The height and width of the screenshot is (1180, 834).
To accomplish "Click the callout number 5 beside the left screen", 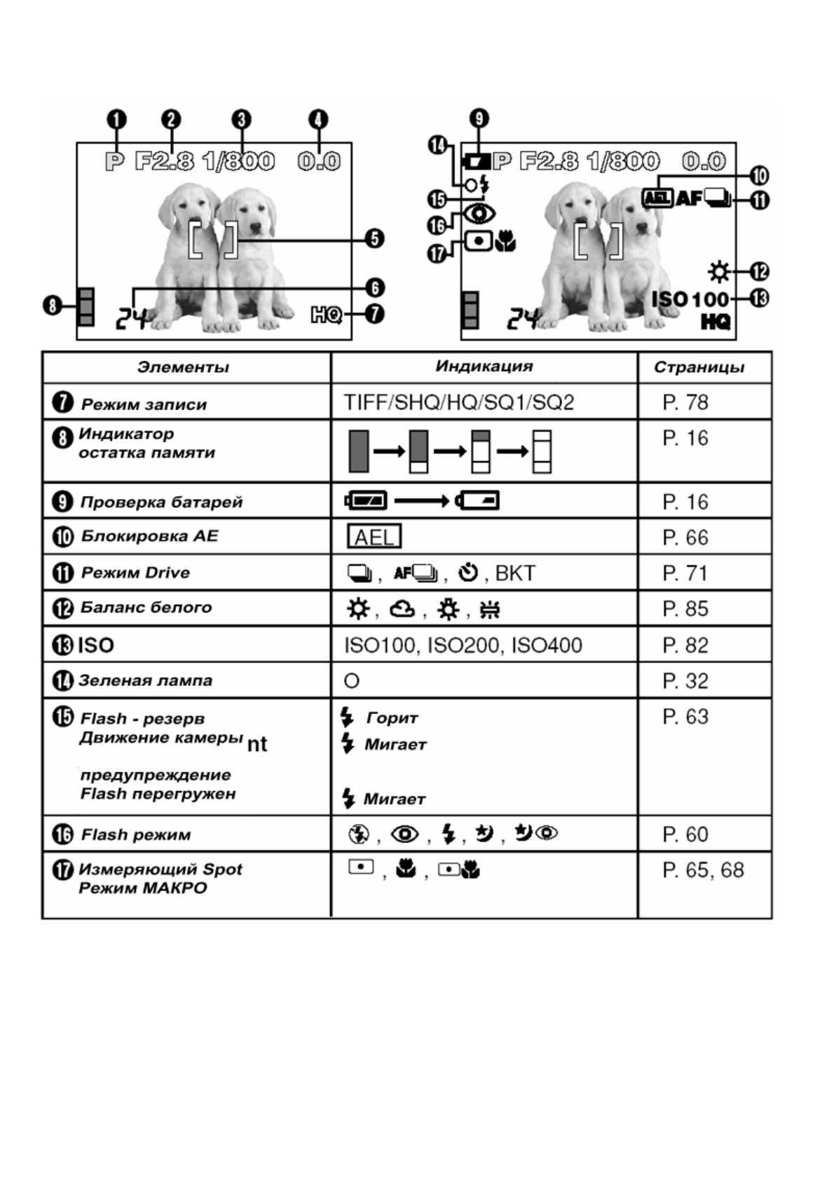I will [375, 239].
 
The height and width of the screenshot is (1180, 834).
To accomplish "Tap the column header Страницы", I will [699, 367].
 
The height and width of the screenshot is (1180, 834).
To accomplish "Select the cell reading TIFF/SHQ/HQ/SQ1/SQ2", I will [459, 402].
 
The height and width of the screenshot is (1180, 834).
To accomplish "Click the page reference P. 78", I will [685, 402].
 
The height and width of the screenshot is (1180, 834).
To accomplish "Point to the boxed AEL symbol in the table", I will [374, 537].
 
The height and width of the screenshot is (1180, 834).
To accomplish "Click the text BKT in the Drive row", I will [515, 573].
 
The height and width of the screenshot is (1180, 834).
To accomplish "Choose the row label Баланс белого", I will [146, 608].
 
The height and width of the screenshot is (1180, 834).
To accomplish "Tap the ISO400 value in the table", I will [547, 645].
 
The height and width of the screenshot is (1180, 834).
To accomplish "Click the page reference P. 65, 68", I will [703, 870].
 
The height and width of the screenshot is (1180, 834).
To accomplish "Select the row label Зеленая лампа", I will [145, 680].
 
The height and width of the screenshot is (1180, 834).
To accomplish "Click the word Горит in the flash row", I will [392, 718].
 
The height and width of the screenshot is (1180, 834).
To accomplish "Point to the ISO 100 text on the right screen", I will [690, 299].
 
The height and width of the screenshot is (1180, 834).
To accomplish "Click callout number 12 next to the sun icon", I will [760, 271].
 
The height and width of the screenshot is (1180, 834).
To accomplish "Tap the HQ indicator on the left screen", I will [327, 315].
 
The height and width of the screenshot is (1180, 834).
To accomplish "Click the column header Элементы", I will [183, 367].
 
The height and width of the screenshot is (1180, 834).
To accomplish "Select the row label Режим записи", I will [144, 404].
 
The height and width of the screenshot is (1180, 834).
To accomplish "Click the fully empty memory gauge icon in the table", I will [542, 452].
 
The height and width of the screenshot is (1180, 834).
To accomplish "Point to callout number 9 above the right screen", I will [479, 118].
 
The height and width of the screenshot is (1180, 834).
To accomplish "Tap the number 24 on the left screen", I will [132, 319].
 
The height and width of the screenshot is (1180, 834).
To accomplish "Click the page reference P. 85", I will [685, 609].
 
